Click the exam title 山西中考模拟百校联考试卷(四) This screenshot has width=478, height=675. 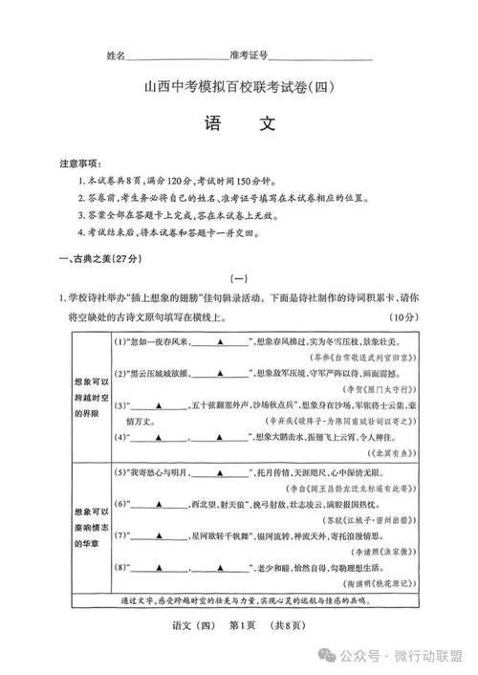[239, 87]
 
